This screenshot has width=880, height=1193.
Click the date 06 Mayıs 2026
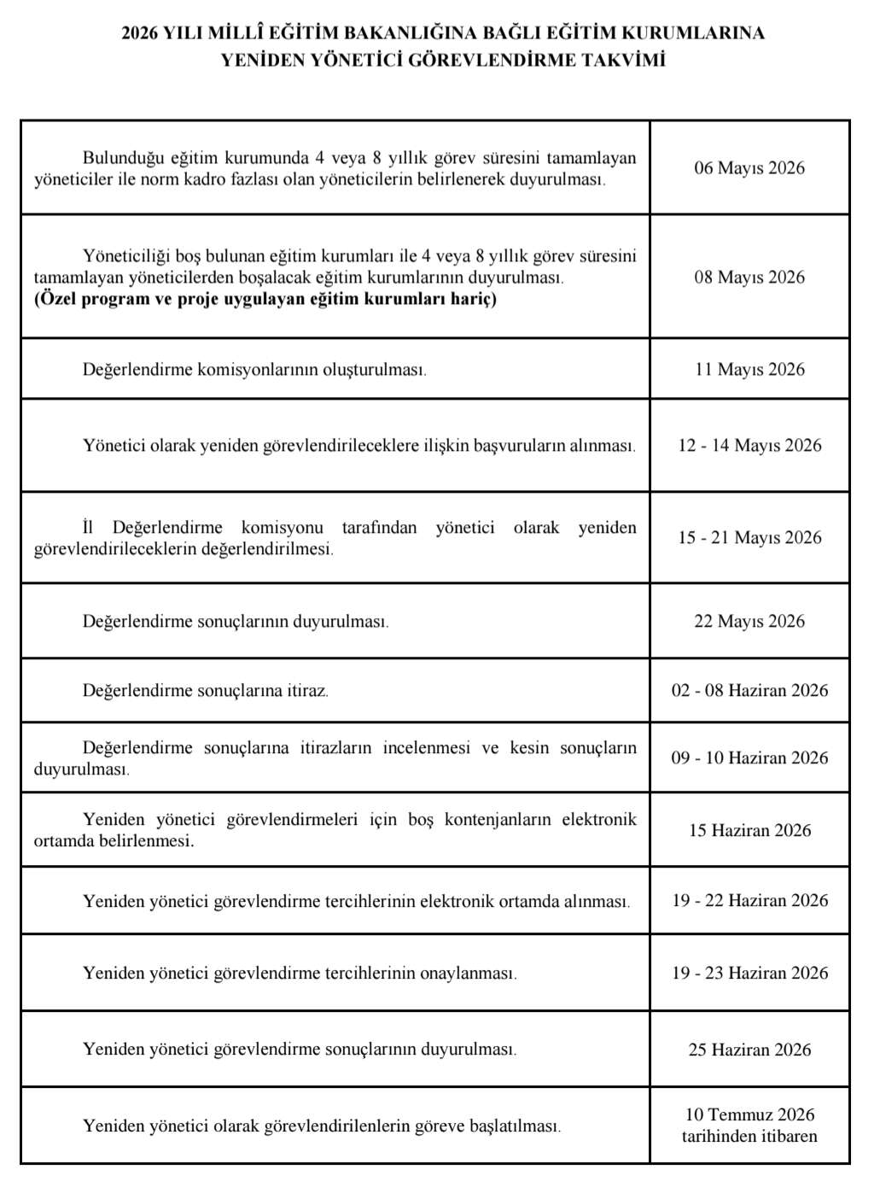[x=749, y=168]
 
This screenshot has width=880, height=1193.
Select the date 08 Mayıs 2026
[x=749, y=278]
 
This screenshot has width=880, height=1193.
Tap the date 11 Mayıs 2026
[x=749, y=370]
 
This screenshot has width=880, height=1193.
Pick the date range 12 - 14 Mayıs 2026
[x=749, y=446]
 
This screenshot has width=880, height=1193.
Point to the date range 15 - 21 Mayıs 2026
[x=749, y=538]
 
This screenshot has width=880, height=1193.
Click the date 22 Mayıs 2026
[x=749, y=622]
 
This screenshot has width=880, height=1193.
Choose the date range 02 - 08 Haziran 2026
[x=749, y=691]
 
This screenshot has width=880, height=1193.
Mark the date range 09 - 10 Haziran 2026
[x=749, y=758]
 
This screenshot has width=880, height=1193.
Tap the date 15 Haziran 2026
[x=749, y=831]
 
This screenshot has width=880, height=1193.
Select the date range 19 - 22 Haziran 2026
[x=749, y=901]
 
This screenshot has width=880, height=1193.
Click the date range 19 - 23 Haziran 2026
[x=749, y=974]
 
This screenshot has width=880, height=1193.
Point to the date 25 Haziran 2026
[x=749, y=1050]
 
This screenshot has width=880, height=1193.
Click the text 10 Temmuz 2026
[x=749, y=1115]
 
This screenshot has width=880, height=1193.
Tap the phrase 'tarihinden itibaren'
[x=749, y=1137]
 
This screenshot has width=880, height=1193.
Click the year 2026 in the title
[x=140, y=33]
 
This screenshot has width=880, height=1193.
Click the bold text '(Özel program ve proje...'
[x=265, y=299]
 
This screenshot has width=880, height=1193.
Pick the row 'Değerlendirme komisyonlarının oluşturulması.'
[x=254, y=370]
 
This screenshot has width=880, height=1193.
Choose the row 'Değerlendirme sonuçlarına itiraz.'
[x=205, y=691]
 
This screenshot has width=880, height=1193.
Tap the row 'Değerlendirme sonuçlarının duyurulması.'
[x=236, y=622]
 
